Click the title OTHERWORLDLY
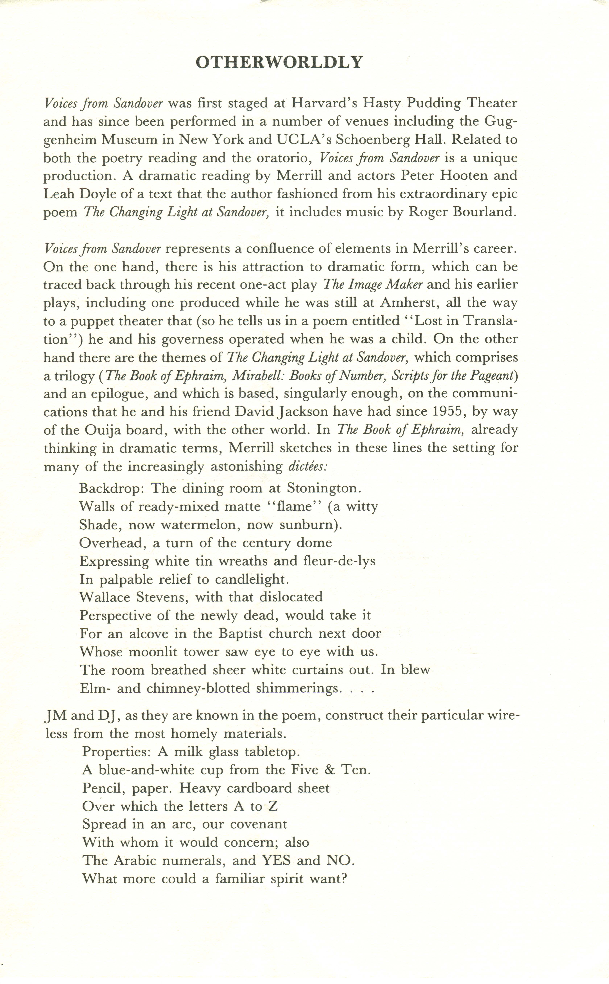279,62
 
